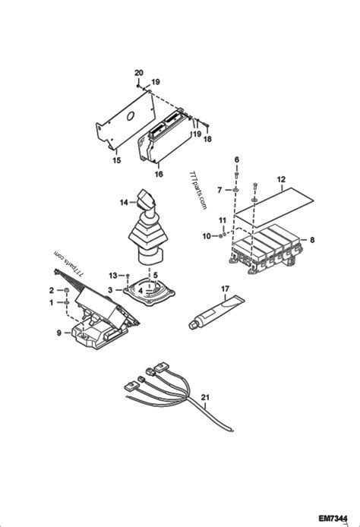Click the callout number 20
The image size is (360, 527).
(x=138, y=72)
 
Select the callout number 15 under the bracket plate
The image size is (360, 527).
(x=117, y=160)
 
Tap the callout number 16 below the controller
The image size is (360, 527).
(x=158, y=174)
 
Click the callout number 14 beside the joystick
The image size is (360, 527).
(x=123, y=202)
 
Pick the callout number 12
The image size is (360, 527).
(x=281, y=181)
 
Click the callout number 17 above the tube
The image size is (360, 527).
(x=225, y=289)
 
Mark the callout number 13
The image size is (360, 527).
(x=112, y=274)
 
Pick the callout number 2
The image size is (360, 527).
(x=51, y=290)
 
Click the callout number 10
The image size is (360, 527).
(x=206, y=236)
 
